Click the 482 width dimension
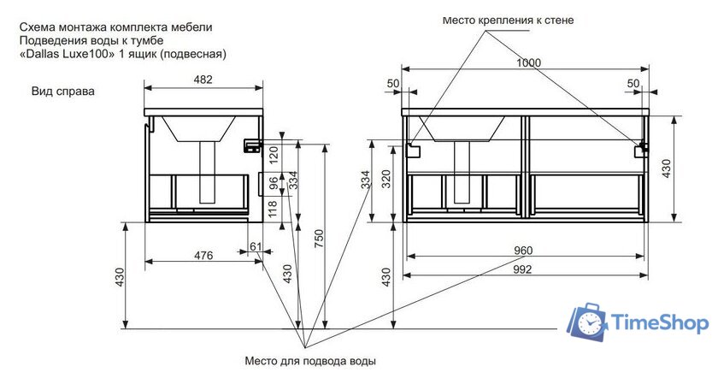(x=203, y=80)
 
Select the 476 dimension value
(x=203, y=255)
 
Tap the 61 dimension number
(x=256, y=247)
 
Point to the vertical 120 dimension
(x=274, y=154)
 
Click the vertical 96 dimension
(x=274, y=182)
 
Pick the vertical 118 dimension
(x=274, y=208)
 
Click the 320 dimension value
(x=385, y=178)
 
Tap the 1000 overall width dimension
(x=527, y=63)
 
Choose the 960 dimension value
(x=523, y=251)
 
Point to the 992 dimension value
(x=523, y=269)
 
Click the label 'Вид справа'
(x=62, y=91)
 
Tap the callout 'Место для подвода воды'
(x=309, y=360)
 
